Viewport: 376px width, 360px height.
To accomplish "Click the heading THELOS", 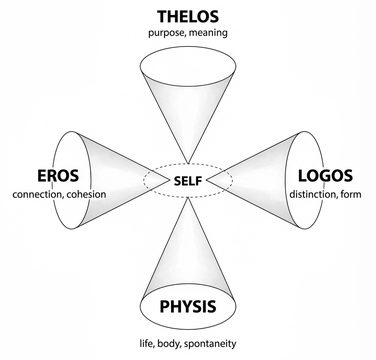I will click(188, 17).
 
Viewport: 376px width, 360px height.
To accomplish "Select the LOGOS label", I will click(325, 176).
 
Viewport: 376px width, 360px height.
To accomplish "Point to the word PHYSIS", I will click(188, 307).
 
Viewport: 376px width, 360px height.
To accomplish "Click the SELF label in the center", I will click(188, 181).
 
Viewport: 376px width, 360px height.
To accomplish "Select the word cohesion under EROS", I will click(87, 194).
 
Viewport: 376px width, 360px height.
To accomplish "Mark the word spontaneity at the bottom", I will click(210, 344).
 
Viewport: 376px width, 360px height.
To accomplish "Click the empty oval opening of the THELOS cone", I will click(188, 65).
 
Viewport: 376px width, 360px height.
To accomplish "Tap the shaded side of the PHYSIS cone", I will click(188, 259).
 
